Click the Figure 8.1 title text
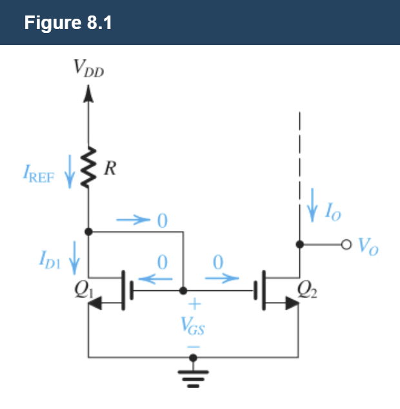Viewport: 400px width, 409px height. pos(68,23)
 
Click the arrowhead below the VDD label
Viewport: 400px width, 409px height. pos(88,95)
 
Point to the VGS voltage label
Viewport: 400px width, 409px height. pos(194,324)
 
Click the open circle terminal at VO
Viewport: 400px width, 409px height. pos(346,244)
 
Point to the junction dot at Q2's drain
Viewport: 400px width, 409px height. pos(299,244)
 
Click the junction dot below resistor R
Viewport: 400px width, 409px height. pos(88,231)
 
